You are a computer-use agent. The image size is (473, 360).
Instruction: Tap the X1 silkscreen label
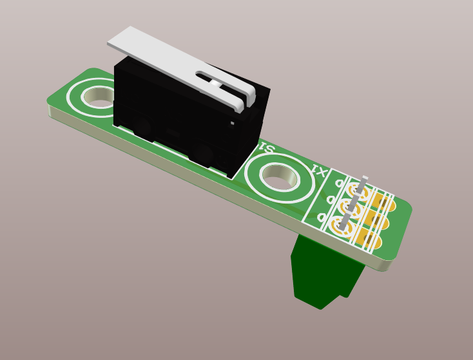pyautogui.click(x=318, y=171)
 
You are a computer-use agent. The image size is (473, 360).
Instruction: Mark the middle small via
pyautogui.click(x=330, y=200)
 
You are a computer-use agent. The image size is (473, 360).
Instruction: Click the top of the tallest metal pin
pyautogui.click(x=365, y=178)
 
